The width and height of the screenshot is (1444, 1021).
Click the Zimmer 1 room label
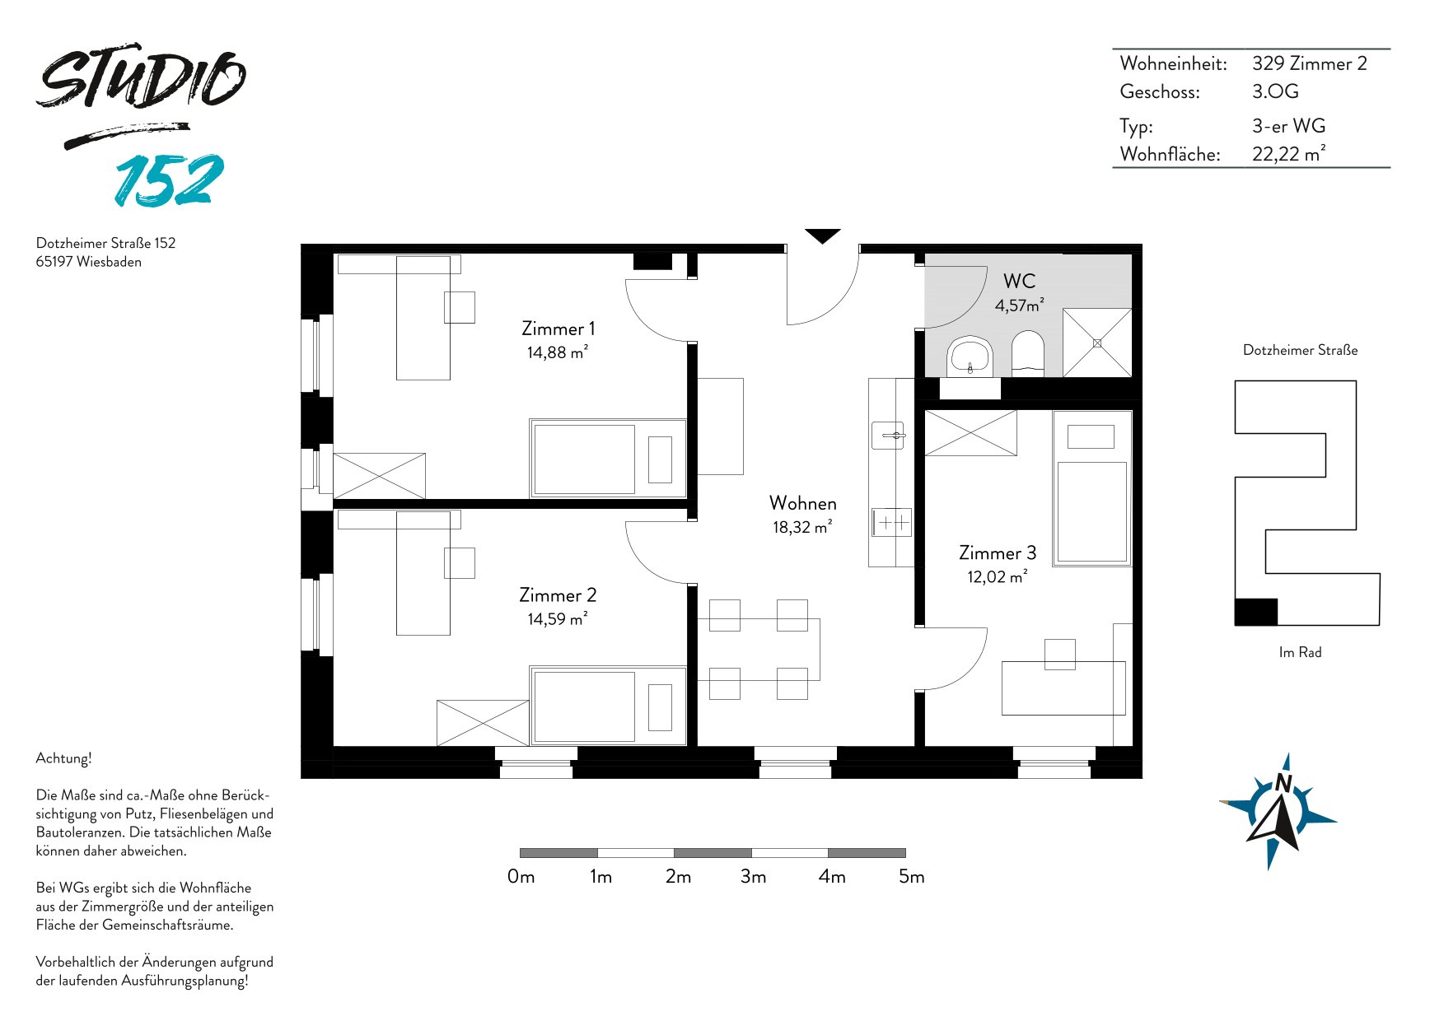coord(558,329)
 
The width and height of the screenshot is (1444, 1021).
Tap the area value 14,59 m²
coord(558,618)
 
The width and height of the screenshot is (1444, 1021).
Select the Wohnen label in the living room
coord(803,503)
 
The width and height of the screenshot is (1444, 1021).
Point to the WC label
coord(1019,281)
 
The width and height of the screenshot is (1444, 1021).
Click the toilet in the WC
coord(1027,353)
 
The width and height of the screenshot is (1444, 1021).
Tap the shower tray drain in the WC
coord(1097,343)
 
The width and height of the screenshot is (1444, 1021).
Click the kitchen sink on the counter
coord(888,434)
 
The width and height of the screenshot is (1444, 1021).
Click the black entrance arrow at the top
coord(822,235)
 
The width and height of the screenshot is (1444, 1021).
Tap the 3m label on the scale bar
coord(753,877)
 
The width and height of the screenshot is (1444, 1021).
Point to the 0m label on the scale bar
coord(521,877)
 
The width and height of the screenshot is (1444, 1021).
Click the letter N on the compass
coord(1283,783)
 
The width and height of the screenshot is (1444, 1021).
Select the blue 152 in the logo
coord(169,180)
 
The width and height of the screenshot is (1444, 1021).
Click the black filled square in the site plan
coord(1256,612)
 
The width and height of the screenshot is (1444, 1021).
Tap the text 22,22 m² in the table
coord(1289,154)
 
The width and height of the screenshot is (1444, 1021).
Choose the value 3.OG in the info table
coord(1275,91)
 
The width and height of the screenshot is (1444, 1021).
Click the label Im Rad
coord(1300,652)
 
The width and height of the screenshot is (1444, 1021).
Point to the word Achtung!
coord(64,758)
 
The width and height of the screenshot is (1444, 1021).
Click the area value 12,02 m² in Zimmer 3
coord(998,576)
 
